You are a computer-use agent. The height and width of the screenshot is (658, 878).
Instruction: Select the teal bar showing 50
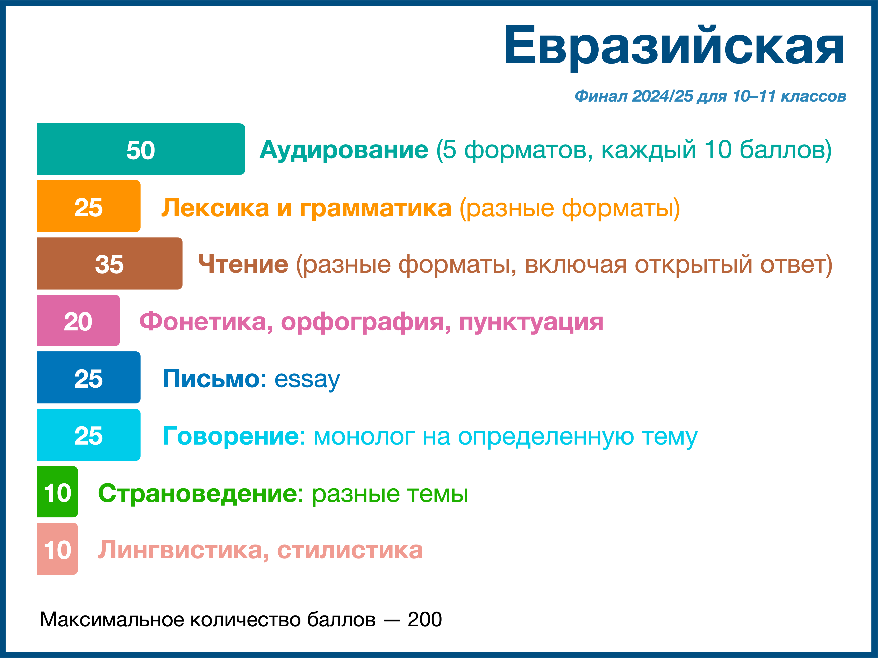coord(141,149)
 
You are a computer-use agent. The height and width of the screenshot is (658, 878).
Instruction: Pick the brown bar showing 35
coord(109,263)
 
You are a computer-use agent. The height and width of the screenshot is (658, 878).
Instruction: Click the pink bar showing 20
coord(78,321)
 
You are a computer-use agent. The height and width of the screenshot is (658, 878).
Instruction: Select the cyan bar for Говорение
coord(88,435)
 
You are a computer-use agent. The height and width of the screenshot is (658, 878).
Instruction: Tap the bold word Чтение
coord(243,265)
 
